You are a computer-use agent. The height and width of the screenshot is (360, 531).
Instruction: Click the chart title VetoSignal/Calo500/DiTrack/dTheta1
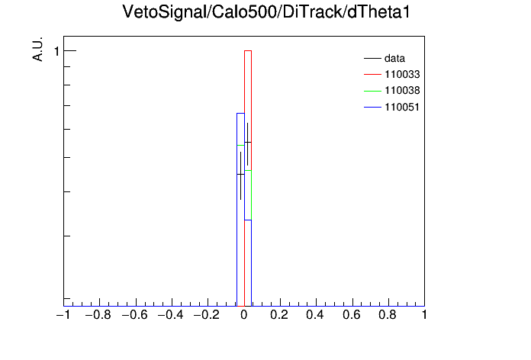[266, 12]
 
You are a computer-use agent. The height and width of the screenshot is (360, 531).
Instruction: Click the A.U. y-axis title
[37, 49]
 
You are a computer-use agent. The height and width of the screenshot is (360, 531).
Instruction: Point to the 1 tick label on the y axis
[56, 51]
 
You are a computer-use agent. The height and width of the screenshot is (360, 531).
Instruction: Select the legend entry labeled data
[385, 58]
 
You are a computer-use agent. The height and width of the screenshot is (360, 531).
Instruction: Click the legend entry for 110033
[392, 74]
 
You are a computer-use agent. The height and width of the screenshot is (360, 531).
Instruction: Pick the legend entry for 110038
[392, 91]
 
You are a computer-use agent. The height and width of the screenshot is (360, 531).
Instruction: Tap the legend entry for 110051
[392, 108]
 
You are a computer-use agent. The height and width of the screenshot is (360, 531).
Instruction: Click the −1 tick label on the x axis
[63, 315]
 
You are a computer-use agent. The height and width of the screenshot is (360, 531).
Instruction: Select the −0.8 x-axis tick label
[98, 315]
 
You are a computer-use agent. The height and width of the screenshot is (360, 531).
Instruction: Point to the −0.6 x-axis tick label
[134, 315]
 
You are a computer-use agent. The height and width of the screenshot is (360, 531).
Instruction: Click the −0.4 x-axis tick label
[170, 315]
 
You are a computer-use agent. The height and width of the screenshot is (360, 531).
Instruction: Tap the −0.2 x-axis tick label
[206, 315]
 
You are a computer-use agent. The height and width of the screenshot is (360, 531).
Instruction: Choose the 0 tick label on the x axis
[244, 315]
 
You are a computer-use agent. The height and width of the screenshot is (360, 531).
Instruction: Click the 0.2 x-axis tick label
[280, 315]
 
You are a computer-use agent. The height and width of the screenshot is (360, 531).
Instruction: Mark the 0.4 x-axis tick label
[315, 315]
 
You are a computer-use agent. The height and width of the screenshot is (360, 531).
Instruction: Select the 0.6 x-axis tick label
[352, 315]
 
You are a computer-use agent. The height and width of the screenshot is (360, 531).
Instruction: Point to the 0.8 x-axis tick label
[388, 315]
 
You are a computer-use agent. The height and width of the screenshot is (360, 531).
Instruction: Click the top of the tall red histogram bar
[248, 51]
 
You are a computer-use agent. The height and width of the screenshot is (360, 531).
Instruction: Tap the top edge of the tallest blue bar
[240, 113]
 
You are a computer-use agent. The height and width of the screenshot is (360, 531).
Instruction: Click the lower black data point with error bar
[241, 175]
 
